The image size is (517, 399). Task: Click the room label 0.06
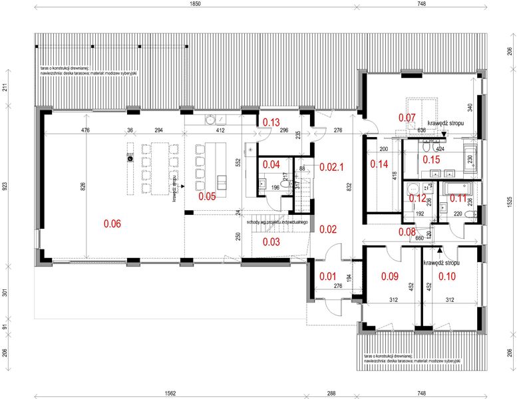(112, 224)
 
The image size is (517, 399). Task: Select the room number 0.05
(208, 197)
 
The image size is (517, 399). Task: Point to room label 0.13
(270, 122)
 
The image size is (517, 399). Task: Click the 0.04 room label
(270, 164)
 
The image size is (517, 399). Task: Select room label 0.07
(407, 118)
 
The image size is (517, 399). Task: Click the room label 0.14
(379, 164)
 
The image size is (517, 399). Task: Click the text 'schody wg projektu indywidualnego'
(276, 222)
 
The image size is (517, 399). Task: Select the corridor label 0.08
(407, 232)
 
